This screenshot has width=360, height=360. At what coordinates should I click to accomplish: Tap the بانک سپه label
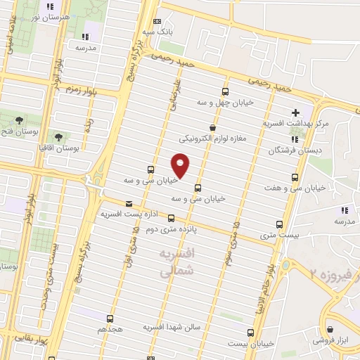pyautogui.click(x=157, y=32)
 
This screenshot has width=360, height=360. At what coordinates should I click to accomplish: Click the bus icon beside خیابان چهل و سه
pyautogui.click(x=225, y=91)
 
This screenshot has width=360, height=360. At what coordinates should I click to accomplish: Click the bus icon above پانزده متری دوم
pyautogui.click(x=171, y=218)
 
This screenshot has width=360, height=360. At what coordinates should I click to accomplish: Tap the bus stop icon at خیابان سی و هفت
pyautogui.click(x=294, y=177)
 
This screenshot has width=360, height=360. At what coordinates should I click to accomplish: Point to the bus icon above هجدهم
pyautogui.click(x=109, y=319)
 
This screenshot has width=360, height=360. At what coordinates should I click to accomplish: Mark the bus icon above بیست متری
pyautogui.click(x=280, y=224)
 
